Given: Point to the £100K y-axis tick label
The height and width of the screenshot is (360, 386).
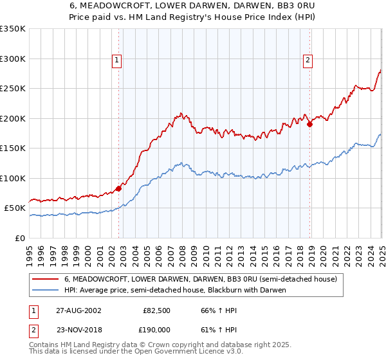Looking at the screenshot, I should pos(13,178).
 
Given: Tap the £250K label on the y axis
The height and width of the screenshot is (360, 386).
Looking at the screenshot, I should pos(13,89).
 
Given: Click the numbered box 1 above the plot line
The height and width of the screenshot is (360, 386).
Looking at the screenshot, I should pos(117,60).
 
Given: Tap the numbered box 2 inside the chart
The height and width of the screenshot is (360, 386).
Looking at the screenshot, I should pos(308,60).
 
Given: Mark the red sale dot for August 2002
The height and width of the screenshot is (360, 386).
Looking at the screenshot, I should pos(119,189).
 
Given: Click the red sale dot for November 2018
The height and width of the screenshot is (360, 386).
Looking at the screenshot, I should pos(309,125).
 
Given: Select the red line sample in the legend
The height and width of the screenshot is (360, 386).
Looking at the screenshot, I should pos(46,280).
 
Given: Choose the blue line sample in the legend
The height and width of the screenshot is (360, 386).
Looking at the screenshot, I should pos(46,290).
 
